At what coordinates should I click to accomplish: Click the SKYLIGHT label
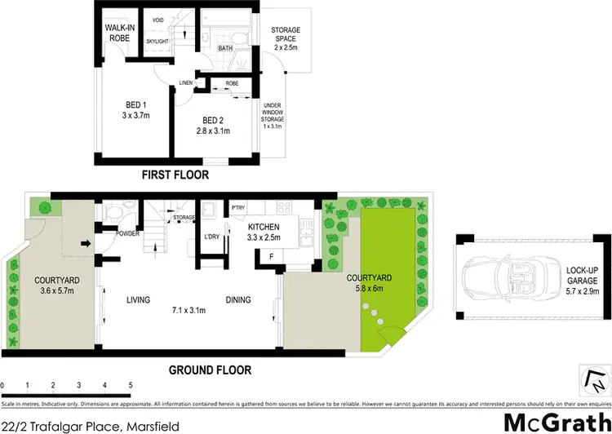(157, 39)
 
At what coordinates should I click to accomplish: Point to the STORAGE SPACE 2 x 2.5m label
(286, 38)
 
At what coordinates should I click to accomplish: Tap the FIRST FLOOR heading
(175, 175)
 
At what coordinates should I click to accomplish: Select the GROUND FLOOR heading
(211, 370)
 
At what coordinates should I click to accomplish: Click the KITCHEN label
(265, 227)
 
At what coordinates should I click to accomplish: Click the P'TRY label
(240, 209)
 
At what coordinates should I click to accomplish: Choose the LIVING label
(138, 300)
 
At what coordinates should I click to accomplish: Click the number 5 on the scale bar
(130, 384)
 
